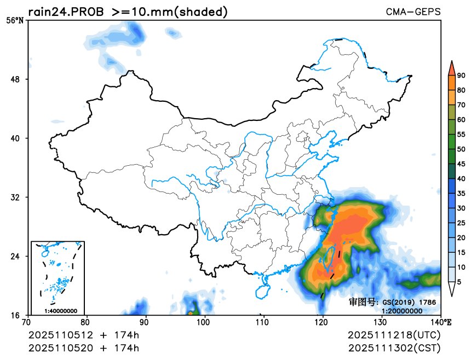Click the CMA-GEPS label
413,11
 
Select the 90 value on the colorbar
461,76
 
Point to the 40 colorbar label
461,178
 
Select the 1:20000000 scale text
401,311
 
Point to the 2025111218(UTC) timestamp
394,335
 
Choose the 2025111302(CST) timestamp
394,347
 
